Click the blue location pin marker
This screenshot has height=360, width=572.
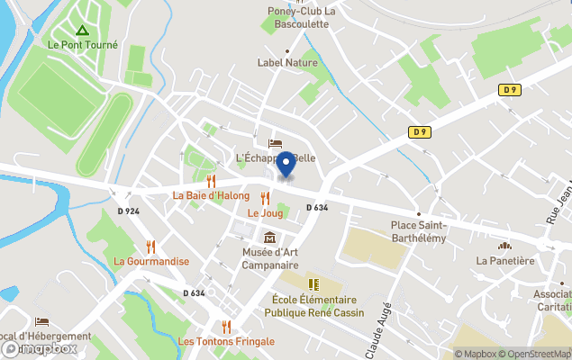(286, 165)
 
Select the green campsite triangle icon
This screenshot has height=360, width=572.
(82, 30)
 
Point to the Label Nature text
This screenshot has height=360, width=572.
(287, 63)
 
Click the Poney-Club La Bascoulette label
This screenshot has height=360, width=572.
(302, 17)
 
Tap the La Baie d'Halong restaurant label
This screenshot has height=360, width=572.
(211, 195)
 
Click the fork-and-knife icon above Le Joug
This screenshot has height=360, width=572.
(265, 198)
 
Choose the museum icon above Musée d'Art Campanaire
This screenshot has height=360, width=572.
(269, 238)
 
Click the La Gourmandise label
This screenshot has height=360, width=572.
(151, 261)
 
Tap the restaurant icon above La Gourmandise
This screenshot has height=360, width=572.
(150, 246)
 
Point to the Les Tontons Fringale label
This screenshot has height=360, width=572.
(226, 341)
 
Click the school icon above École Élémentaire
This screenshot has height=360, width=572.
(313, 284)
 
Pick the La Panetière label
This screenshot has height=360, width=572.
(505, 261)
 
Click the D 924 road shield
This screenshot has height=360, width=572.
(128, 211)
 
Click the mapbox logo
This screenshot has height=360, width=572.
(39, 348)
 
